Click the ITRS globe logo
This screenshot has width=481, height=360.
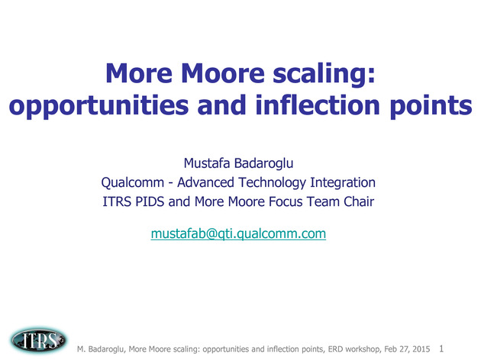38,341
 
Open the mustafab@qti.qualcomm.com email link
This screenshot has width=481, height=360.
238,233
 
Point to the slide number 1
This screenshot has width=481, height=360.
441,349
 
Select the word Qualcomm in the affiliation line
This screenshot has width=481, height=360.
133,182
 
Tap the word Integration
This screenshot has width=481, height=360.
343,183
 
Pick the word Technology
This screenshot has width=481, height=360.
272,183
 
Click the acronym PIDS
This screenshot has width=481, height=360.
150,201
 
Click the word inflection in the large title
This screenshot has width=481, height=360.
318,105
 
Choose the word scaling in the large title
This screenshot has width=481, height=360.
324,74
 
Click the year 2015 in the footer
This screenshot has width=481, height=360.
421,349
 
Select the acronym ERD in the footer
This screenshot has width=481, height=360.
335,349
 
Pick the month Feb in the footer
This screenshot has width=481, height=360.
390,349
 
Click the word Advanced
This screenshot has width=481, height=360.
206,182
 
